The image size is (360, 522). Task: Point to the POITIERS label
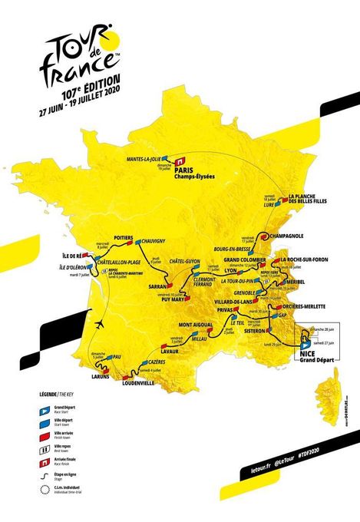click(124, 238)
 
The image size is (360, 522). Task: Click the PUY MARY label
click(175, 301)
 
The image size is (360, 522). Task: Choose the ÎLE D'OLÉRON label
click(76, 268)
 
